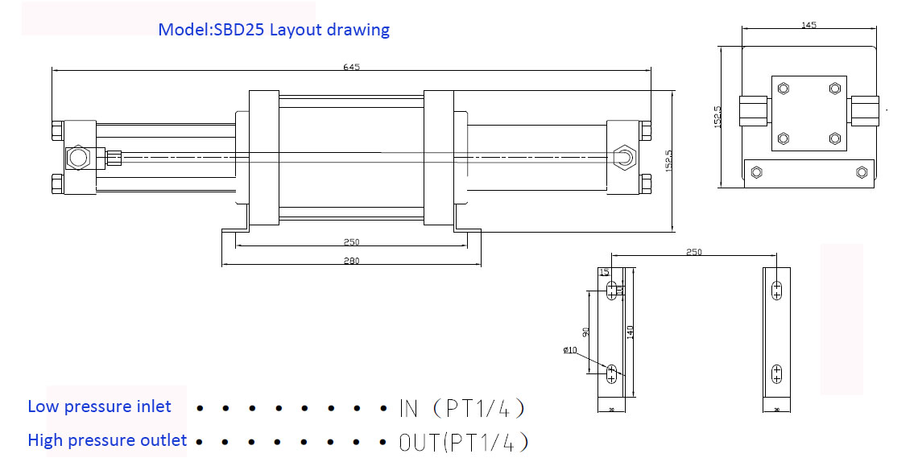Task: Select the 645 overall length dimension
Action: coord(351,67)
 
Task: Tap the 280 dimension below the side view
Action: coord(351,260)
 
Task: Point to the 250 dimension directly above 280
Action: coord(351,241)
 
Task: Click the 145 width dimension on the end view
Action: coord(809,25)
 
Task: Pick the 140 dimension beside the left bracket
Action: coord(631,332)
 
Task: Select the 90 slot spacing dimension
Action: coord(587,331)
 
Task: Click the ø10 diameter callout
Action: coord(570,350)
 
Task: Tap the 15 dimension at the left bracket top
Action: coord(604,273)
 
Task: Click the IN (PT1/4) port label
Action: coord(462,408)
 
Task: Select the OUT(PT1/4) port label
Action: coord(463,442)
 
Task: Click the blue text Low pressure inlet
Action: coord(99,406)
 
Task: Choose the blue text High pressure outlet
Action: coord(107,440)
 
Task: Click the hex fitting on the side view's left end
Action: coord(78,157)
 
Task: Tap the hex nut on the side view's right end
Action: coord(623,156)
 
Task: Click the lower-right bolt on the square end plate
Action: coord(834,138)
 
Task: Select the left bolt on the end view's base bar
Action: coord(755,172)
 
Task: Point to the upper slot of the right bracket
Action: coord(776,290)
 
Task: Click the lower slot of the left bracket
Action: coord(611,373)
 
